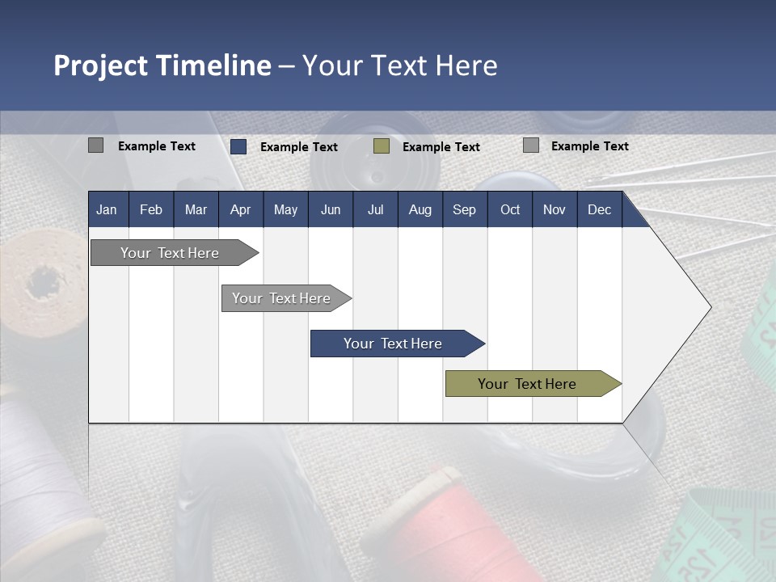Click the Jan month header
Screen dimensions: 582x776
(x=107, y=209)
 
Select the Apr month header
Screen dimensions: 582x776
(x=240, y=209)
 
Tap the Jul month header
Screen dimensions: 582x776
(x=375, y=209)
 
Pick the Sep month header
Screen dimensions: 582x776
(x=464, y=209)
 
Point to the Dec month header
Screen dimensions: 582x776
(x=599, y=209)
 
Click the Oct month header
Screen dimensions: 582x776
(x=510, y=209)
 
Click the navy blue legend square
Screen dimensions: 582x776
(x=238, y=146)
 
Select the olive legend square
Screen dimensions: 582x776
(x=382, y=146)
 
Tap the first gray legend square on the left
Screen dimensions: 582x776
(x=95, y=145)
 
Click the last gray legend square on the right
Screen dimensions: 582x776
(x=531, y=145)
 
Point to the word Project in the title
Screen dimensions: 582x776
(x=100, y=65)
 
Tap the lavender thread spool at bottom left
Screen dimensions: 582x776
(x=40, y=469)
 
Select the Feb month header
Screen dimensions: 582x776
(x=151, y=209)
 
